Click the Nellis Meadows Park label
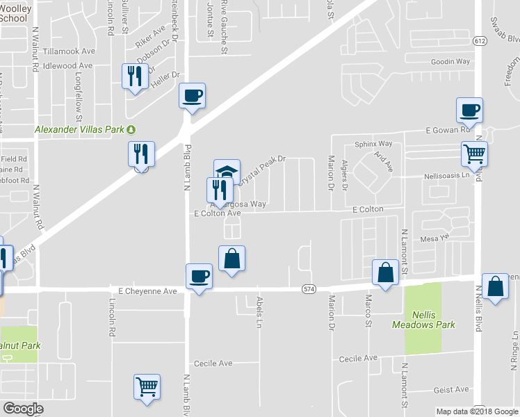pyautogui.click(x=432, y=319)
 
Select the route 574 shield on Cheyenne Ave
pyautogui.click(x=309, y=288)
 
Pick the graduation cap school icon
pyautogui.click(x=227, y=171)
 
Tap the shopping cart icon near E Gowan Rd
pyautogui.click(x=474, y=154)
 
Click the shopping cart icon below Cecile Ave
pyautogui.click(x=147, y=386)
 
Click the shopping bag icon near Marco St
pyautogui.click(x=384, y=272)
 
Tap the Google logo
pyautogui.click(x=23, y=409)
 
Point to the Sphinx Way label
pyautogui.click(x=374, y=144)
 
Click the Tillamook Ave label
pyautogui.click(x=69, y=51)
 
